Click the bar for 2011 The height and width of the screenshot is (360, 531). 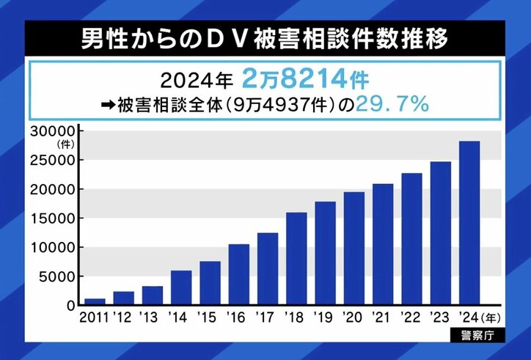(95, 301)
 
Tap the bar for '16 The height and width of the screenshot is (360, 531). (239, 274)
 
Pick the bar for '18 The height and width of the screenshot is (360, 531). (296, 258)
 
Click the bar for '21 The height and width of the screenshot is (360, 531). (383, 244)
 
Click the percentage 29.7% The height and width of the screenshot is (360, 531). (392, 104)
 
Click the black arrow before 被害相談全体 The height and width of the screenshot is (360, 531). (106, 106)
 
